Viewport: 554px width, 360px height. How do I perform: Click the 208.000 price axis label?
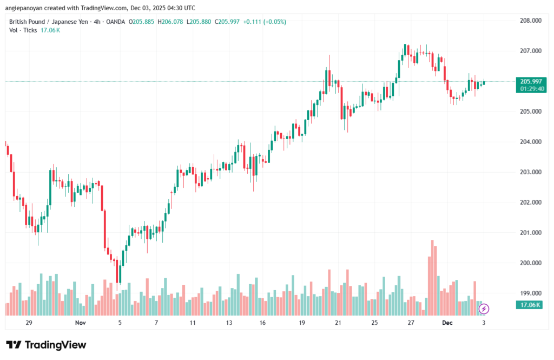pos(530,21)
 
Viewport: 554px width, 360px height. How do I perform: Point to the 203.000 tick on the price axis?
pos(530,172)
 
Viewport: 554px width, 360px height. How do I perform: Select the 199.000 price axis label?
pos(530,293)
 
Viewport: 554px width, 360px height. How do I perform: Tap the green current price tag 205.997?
pos(530,81)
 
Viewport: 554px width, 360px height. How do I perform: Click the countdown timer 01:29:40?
pos(530,88)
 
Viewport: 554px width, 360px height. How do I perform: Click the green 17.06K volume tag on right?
pos(530,305)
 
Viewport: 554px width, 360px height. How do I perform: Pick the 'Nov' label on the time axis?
pos(80,323)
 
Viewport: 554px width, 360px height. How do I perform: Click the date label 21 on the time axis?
pos(338,323)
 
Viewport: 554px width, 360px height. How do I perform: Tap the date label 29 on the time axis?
pos(29,323)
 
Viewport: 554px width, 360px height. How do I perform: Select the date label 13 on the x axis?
pos(229,323)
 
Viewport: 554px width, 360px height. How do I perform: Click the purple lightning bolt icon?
pos(484,309)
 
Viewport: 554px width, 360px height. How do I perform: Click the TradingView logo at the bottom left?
pos(46,345)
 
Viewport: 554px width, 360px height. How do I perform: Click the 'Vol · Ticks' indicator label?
pos(23,30)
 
